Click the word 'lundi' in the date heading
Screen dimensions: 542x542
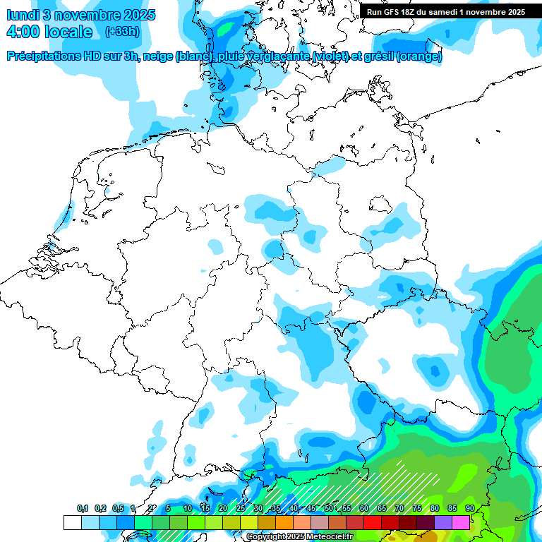23,15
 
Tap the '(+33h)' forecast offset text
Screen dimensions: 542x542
121,32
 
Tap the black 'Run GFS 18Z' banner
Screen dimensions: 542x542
445,12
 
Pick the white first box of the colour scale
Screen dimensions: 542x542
72,522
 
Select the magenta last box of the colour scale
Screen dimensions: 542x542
461,522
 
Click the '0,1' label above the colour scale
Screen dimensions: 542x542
83,509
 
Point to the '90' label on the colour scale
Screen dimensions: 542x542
470,509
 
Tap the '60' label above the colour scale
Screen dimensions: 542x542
364,509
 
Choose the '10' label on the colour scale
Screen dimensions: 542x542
188,509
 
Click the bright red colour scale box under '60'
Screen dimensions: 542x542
373,522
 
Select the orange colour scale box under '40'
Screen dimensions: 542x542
284,522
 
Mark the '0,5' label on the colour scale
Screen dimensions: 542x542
118,509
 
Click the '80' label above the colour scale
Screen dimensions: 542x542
435,509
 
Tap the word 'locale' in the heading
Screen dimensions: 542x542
68,32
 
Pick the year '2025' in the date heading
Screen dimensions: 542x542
138,15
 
